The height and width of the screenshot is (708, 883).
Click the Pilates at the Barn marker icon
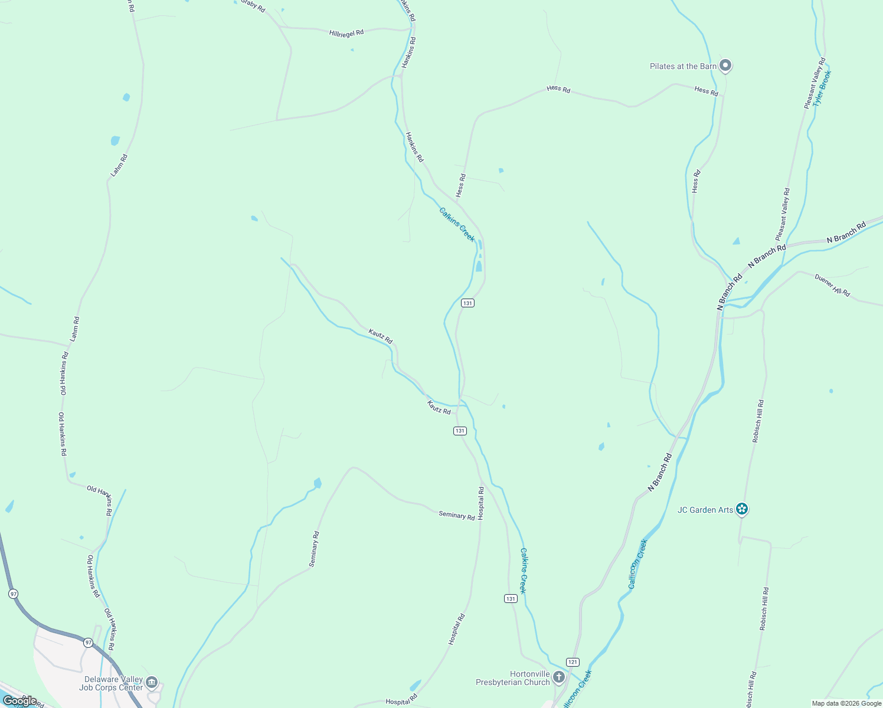click(x=725, y=65)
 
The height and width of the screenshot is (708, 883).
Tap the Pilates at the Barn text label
click(x=683, y=66)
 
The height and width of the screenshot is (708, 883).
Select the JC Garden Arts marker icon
click(x=742, y=509)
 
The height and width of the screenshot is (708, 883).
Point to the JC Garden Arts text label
click(x=705, y=510)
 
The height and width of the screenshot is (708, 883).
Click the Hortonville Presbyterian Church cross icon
click(x=559, y=677)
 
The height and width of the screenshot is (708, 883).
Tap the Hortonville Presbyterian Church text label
click(x=513, y=678)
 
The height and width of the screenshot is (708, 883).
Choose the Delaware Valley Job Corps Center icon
click(x=152, y=683)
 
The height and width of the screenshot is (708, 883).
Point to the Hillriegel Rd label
click(x=346, y=33)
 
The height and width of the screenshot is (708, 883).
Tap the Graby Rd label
click(x=253, y=5)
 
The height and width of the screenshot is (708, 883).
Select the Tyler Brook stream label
click(x=821, y=88)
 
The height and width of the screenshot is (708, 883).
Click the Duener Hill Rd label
click(x=832, y=285)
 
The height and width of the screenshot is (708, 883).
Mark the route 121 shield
click(x=572, y=662)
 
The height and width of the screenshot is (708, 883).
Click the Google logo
click(x=19, y=700)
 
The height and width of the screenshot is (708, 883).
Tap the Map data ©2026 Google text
click(x=846, y=703)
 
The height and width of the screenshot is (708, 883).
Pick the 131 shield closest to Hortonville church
click(x=511, y=598)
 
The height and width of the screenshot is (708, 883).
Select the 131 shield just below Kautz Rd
click(x=460, y=431)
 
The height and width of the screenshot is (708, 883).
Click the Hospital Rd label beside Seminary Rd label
click(x=481, y=503)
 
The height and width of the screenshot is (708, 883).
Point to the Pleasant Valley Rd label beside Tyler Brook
click(x=815, y=83)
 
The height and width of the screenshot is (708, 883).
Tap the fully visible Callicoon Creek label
click(x=637, y=563)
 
